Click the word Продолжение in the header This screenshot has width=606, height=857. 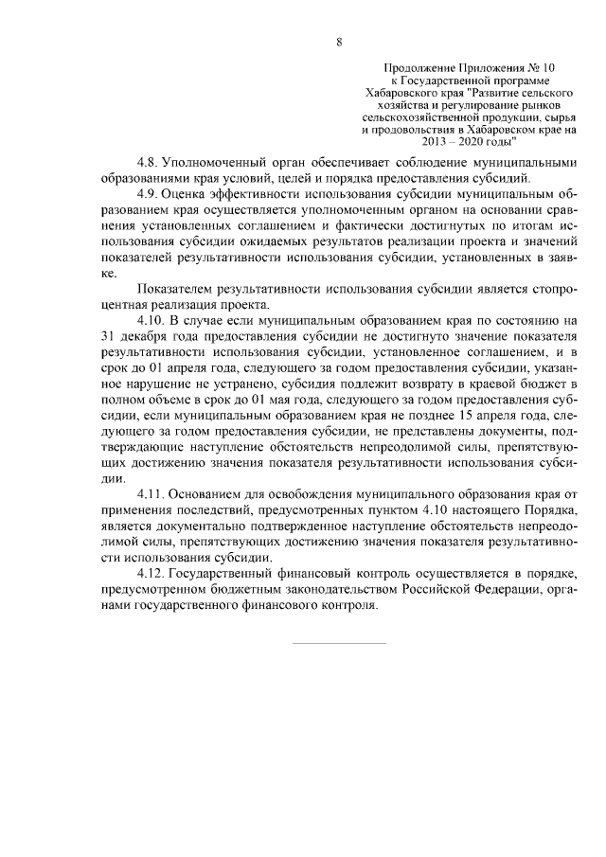click(418, 69)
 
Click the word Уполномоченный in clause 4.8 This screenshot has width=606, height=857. click(217, 162)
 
